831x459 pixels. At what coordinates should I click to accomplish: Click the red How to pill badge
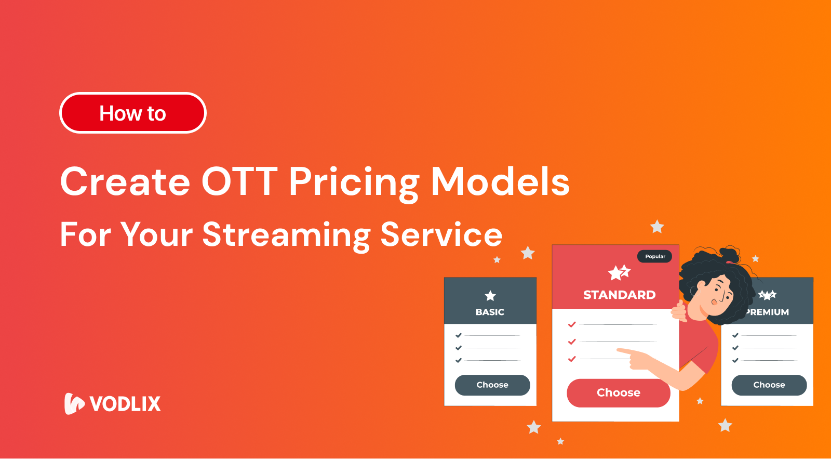(133, 113)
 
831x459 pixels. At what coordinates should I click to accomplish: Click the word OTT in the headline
(239, 182)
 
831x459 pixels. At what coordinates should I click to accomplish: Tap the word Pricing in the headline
(354, 183)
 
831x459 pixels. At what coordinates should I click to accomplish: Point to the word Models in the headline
(500, 182)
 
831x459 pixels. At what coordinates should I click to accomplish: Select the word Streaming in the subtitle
(286, 235)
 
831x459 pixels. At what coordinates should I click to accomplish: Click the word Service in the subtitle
(441, 234)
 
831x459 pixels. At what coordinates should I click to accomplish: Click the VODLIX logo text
(125, 404)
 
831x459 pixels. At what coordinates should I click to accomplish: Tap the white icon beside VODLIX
(74, 403)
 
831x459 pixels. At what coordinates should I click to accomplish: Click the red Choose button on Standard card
(618, 393)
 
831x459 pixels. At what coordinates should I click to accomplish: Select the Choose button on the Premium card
(769, 385)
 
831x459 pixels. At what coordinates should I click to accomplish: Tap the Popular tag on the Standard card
(655, 256)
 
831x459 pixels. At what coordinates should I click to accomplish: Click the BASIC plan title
(490, 312)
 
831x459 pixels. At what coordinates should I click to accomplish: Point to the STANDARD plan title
(619, 295)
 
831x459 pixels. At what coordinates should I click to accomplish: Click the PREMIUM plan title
(768, 312)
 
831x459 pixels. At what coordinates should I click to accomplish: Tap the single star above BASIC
(490, 296)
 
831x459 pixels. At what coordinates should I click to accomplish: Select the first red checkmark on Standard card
(572, 324)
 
